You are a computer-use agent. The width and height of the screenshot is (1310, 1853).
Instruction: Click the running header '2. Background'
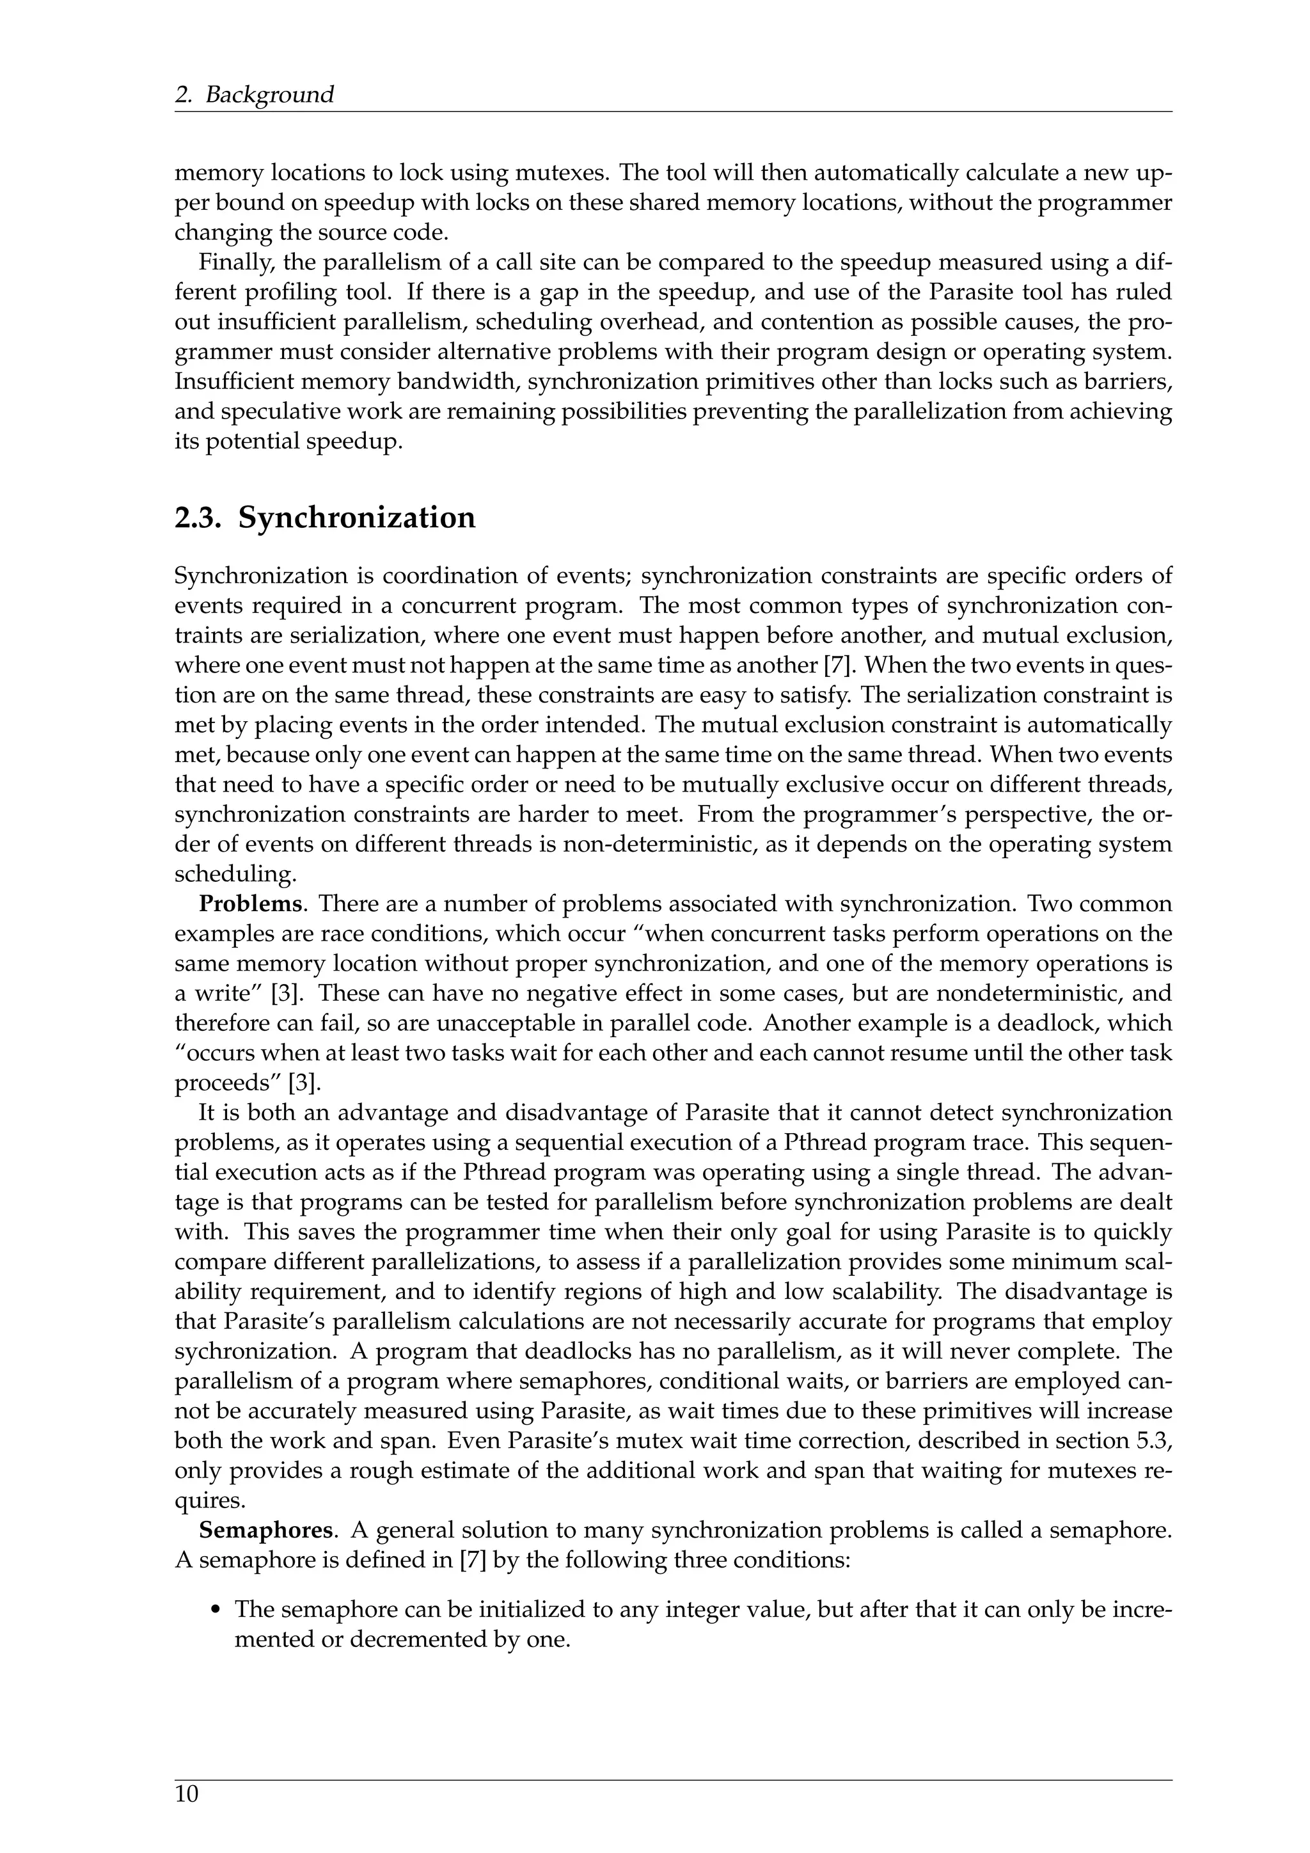tap(254, 95)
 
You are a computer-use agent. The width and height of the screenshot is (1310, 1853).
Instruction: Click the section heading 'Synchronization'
tap(356, 518)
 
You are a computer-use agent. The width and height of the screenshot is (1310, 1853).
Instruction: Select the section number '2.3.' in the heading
tap(198, 518)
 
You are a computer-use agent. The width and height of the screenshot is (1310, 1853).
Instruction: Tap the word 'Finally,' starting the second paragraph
tap(226, 262)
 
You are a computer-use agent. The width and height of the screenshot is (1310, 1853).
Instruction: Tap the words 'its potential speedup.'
tap(288, 442)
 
